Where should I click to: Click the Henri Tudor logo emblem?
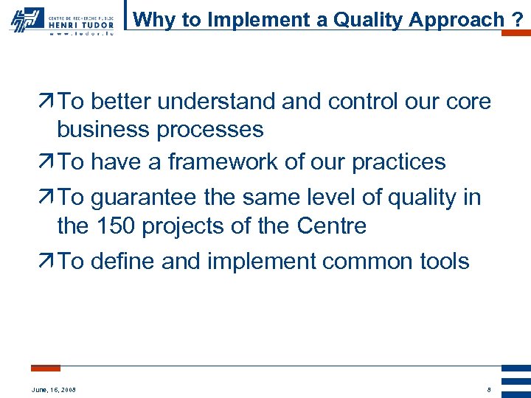click(26, 19)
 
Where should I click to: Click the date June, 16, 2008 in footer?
click(54, 389)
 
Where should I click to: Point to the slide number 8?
click(488, 389)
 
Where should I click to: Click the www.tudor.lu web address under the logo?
click(80, 33)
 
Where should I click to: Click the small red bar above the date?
click(46, 368)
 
